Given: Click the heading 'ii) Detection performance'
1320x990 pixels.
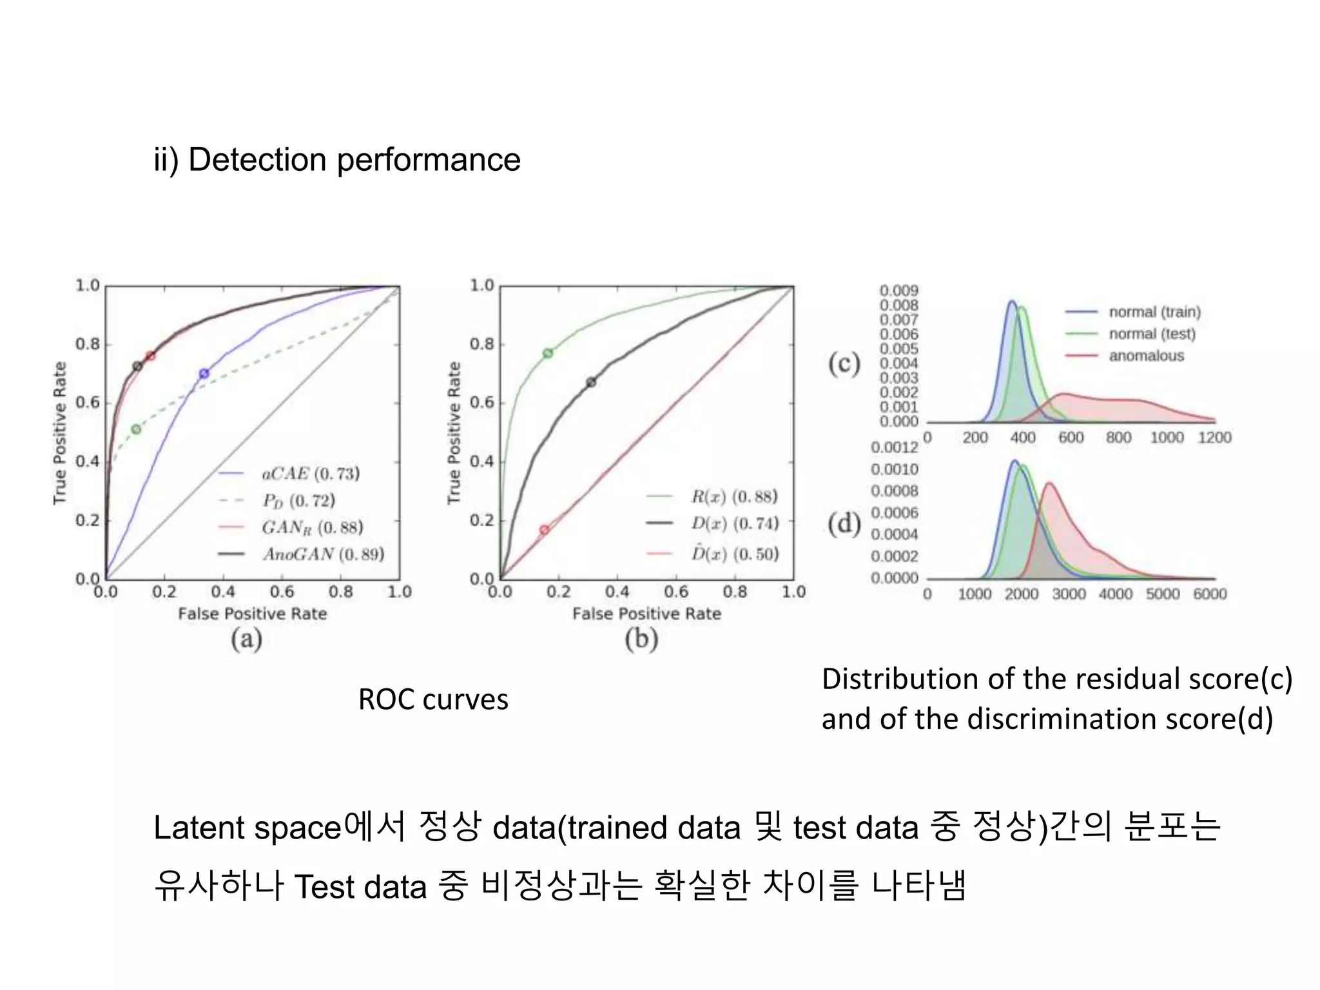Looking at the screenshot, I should click(x=336, y=160).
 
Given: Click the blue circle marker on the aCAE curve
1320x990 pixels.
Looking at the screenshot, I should click(x=204, y=373).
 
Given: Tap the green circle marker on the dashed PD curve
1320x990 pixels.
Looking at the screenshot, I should click(x=136, y=429).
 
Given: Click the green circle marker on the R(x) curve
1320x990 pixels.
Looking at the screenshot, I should click(x=548, y=353).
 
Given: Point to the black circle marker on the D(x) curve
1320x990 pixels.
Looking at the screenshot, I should click(x=591, y=382).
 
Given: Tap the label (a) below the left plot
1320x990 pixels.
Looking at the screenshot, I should click(x=247, y=639).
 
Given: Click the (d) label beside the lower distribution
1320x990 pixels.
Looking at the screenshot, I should click(x=844, y=523).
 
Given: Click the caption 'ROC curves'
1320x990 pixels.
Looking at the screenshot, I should click(x=433, y=699).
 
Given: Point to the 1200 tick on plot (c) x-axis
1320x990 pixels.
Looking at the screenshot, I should click(x=1214, y=438).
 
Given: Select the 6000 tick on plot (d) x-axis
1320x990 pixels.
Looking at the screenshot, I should click(x=1210, y=594).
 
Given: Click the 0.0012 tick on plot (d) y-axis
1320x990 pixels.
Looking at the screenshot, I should click(x=894, y=447).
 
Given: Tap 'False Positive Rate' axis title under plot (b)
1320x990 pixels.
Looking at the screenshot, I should click(x=646, y=614).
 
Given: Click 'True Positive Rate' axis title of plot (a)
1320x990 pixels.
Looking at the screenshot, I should click(x=60, y=432).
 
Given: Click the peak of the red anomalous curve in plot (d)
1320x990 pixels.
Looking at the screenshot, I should click(x=1049, y=483).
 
